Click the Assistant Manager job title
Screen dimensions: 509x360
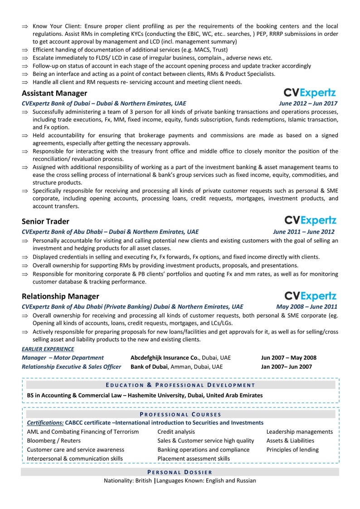[54, 93]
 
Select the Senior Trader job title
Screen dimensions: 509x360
[45, 221]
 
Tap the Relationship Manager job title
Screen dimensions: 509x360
[60, 296]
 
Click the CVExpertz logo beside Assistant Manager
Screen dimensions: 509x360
[310, 93]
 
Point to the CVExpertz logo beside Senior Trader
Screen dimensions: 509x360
[310, 220]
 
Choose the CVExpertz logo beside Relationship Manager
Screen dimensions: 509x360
[310, 296]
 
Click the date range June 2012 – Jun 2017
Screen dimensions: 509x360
[308, 103]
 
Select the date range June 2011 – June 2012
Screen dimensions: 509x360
[304, 232]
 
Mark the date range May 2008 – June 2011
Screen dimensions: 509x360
[306, 307]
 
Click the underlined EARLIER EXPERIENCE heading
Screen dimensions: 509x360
[48, 349]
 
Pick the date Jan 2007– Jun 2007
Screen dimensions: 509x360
[286, 367]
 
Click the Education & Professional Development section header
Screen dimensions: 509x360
[180, 385]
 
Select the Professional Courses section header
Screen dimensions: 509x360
[180, 414]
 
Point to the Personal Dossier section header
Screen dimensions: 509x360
[180, 472]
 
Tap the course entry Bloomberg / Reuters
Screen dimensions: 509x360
[54, 440]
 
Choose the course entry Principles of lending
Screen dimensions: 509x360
[292, 450]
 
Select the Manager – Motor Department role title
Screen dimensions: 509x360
[63, 358]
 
